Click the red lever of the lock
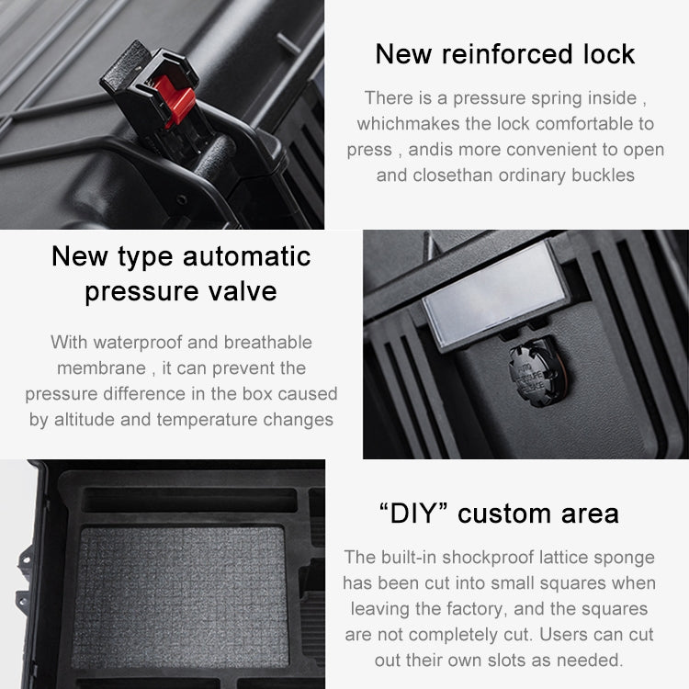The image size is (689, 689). (175, 100)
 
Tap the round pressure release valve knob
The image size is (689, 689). (537, 374)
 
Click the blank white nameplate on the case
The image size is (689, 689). (495, 293)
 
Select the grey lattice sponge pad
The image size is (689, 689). (180, 597)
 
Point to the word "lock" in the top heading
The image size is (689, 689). (609, 54)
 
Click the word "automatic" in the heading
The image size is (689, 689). (246, 256)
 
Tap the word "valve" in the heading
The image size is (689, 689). (243, 291)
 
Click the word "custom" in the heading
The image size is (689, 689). (505, 514)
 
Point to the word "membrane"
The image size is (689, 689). (101, 368)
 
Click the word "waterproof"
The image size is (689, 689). (138, 343)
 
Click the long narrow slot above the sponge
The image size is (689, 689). (190, 501)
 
